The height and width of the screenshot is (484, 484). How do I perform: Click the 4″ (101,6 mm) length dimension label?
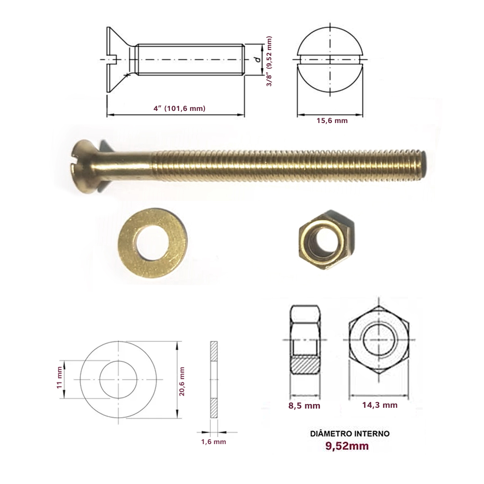pos(179,108)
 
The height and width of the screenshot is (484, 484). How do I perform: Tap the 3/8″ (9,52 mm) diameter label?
pos(269,61)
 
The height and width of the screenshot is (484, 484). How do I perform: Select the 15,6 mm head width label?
pos(332,121)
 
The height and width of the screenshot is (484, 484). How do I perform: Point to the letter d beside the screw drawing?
pos(257,60)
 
